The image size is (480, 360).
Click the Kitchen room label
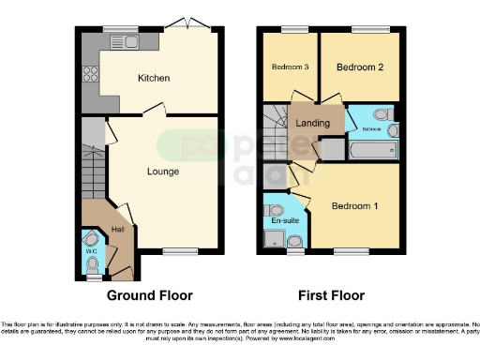coord(153,78)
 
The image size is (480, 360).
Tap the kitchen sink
coord(124,41)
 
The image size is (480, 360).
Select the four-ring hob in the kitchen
coord(91,74)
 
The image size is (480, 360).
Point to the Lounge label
coord(162,172)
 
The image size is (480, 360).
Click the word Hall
coord(118,229)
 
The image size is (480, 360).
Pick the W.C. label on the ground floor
coord(91,250)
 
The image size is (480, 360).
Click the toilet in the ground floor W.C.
coord(92,240)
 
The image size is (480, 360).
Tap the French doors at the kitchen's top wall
coord(189,26)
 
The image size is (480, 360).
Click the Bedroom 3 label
coord(290,67)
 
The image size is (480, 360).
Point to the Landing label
coord(312,124)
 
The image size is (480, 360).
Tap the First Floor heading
coord(331,295)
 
